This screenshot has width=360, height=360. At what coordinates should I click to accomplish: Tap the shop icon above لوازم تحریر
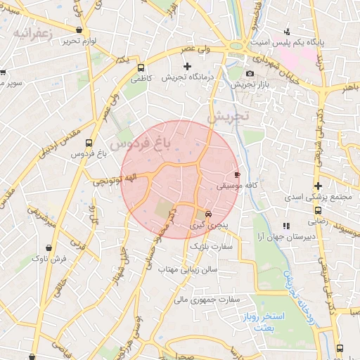79,30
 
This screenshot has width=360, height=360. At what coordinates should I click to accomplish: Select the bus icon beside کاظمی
141,69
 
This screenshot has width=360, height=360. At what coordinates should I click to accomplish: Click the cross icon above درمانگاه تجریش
187,66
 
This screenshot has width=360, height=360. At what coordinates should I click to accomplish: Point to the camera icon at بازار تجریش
250,74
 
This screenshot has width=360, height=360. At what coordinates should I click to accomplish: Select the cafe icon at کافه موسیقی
236,174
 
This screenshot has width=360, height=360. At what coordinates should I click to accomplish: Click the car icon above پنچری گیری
207,215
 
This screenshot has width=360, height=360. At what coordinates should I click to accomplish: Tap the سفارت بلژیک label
214,247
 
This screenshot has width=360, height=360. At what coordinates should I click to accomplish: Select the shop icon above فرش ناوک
49,248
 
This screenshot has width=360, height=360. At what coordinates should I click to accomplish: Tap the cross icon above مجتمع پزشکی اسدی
319,186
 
